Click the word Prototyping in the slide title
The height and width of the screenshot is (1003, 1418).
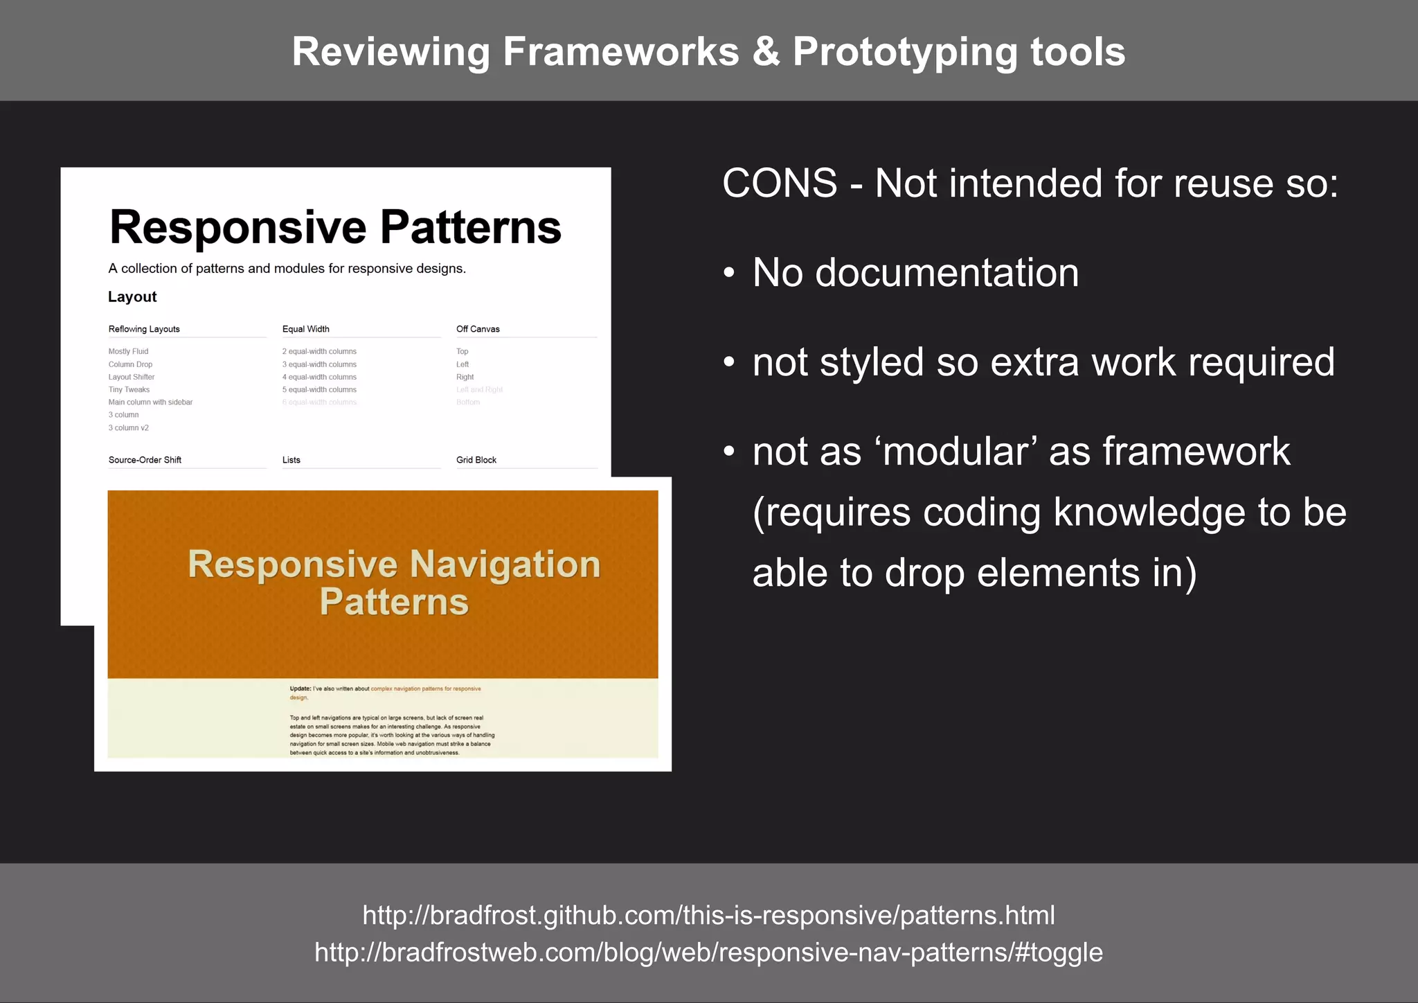tap(904, 52)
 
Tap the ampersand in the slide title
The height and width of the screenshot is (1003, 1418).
tap(765, 52)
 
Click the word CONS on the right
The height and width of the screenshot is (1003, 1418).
tap(780, 184)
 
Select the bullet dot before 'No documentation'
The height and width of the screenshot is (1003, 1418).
tap(728, 273)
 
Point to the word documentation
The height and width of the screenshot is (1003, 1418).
tap(946, 273)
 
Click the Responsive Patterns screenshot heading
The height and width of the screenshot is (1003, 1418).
tap(335, 227)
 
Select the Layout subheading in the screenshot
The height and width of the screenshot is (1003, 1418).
tap(132, 297)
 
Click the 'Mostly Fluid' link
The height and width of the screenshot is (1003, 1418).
tap(128, 351)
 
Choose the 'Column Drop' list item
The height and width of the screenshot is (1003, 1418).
tap(130, 364)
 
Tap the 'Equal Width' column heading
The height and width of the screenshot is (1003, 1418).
tap(305, 329)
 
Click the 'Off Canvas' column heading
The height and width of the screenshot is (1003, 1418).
tap(478, 329)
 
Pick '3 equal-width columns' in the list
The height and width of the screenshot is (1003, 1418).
tap(319, 364)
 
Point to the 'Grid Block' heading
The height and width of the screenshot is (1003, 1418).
tap(476, 460)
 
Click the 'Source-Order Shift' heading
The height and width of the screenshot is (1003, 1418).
tap(145, 460)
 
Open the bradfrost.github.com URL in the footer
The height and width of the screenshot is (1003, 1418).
tap(708, 916)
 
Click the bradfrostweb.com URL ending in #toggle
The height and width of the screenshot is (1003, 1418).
tap(708, 952)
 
